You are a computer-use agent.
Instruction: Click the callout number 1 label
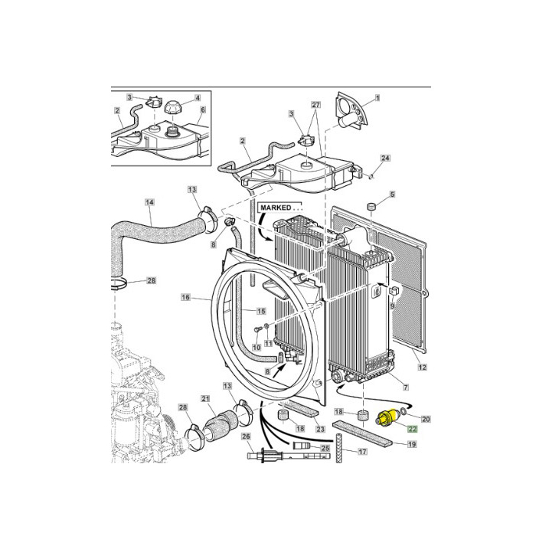coord(377,99)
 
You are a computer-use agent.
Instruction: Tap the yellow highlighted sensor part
coord(386,419)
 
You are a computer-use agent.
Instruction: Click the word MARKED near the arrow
coord(280,208)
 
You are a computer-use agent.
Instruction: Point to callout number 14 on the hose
coord(149,203)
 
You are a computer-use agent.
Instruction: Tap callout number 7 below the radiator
coord(405,388)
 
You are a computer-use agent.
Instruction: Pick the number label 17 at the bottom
coord(363,451)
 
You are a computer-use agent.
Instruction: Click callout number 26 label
coord(246,436)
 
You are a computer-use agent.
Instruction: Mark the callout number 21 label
coord(205,399)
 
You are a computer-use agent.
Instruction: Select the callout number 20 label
coord(427,419)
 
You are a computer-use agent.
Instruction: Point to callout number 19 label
coord(410,444)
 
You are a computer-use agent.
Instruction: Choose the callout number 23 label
coord(320,429)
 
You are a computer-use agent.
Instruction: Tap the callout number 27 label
coord(315,105)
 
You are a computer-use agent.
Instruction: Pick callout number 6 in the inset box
coord(203,109)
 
